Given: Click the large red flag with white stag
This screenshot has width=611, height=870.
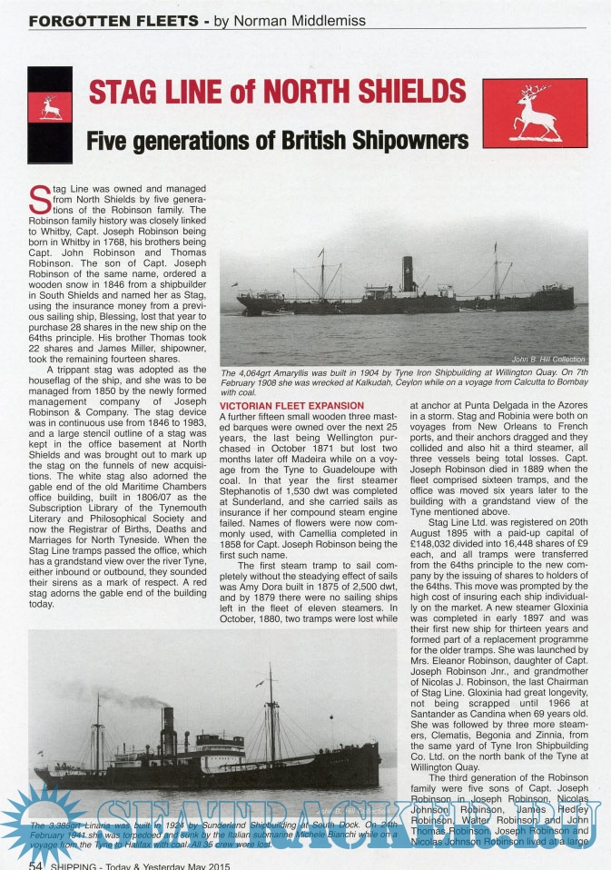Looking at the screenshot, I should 535,114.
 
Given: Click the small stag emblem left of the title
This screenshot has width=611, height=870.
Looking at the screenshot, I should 50,107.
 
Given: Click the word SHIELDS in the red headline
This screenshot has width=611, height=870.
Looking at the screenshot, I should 406,92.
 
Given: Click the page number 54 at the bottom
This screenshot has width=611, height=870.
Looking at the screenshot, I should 37,864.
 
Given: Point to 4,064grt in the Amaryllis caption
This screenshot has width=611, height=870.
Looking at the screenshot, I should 263,373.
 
